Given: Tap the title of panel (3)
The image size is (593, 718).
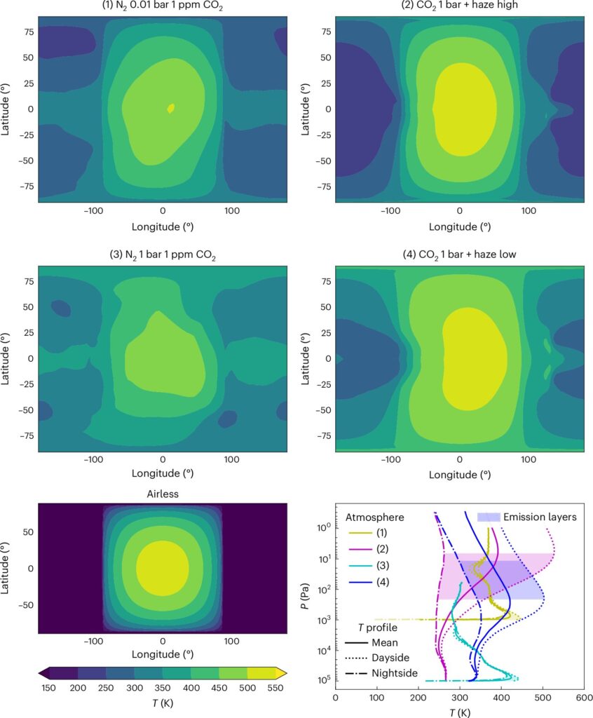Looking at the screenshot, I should point(163,255).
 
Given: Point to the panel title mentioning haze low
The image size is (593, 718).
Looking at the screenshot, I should point(460,255).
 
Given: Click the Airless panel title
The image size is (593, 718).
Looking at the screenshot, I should point(163,494).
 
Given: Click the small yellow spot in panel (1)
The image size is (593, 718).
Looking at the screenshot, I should point(170,108).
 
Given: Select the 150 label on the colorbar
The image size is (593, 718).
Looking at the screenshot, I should point(49,689).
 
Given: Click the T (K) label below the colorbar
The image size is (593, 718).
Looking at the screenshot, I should point(163,703).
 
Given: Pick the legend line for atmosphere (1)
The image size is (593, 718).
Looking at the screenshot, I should point(359,533).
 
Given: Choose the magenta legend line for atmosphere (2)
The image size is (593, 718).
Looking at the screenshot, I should point(359,549).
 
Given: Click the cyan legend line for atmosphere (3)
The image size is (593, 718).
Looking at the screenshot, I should point(359,565).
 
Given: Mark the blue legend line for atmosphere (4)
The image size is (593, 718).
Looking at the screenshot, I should point(359,581).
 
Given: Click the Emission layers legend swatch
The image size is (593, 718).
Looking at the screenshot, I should point(487,517).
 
